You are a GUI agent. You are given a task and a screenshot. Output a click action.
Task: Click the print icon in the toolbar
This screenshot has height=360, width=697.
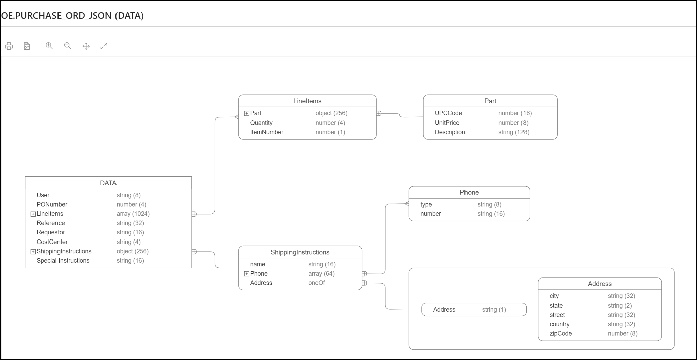(9, 46)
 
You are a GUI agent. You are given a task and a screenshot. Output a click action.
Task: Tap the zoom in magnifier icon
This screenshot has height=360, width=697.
(49, 46)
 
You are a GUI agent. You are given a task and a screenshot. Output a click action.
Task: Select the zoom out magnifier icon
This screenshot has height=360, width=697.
(68, 46)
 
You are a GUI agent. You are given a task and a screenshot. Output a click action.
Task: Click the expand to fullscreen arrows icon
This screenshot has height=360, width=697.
(104, 46)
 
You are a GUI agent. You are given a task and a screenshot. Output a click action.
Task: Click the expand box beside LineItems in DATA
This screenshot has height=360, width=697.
(33, 214)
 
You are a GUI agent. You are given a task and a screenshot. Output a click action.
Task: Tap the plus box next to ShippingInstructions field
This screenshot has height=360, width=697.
(33, 252)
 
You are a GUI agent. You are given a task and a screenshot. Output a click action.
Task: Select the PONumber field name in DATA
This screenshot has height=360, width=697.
(51, 204)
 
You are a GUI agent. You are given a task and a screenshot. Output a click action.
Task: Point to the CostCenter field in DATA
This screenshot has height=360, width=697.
(52, 242)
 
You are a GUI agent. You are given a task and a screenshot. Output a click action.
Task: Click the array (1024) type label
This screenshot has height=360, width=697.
(133, 214)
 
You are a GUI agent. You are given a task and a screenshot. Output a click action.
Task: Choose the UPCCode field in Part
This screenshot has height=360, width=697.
(448, 113)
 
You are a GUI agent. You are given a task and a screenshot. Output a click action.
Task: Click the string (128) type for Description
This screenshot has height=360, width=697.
(513, 132)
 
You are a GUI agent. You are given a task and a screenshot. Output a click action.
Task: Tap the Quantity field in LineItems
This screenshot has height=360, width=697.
(261, 123)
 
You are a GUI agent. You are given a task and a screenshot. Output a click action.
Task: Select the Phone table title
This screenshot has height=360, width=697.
(469, 192)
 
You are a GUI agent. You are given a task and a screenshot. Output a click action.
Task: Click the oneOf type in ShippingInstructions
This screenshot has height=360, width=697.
(317, 283)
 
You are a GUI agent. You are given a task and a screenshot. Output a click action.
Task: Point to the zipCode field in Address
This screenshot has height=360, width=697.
(561, 333)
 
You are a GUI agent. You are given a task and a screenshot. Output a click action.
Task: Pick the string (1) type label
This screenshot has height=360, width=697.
(494, 310)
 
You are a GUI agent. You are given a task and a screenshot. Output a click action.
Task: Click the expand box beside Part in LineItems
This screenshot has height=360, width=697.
(247, 113)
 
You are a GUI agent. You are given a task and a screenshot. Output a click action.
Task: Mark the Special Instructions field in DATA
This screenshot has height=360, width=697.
(63, 261)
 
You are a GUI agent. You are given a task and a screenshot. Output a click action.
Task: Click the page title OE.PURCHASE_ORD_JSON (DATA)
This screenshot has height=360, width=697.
(72, 16)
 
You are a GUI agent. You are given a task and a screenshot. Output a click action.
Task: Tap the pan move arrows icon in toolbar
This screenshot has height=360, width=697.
(86, 46)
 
